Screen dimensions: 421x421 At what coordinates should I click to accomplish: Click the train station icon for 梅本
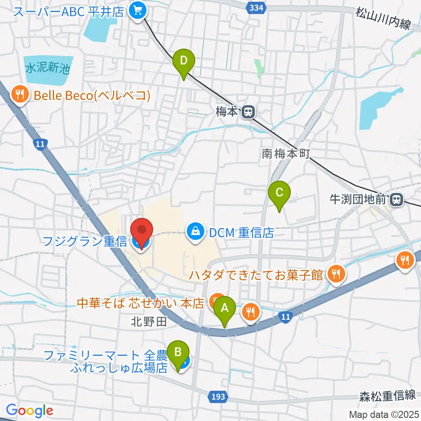248,112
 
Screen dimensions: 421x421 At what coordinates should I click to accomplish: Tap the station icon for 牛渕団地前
396,200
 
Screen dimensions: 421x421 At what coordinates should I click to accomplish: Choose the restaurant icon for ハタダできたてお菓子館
336,275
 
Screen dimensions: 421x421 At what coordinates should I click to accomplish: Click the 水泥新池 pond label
47,69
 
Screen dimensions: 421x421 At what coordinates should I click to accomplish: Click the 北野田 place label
149,322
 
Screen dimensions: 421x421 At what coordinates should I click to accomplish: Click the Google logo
29,411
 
